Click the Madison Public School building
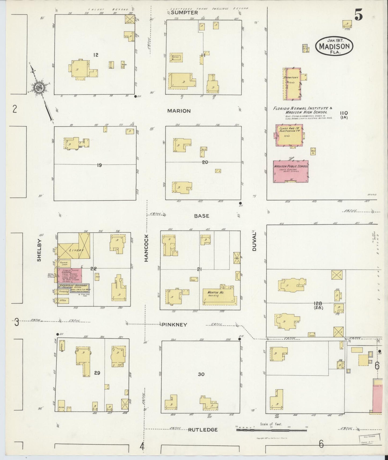tap(291, 172)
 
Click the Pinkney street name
tap(174, 324)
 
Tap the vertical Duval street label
tap(254, 241)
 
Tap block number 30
tap(201, 374)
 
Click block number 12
tap(96, 55)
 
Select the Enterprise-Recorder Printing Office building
tap(73, 287)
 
